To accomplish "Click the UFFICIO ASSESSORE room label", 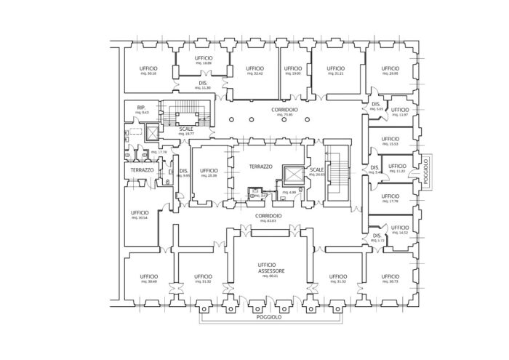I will click(x=270, y=269).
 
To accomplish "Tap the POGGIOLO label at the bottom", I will click(x=268, y=318).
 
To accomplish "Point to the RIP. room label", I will click(x=140, y=109).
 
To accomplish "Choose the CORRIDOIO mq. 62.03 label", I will click(x=268, y=217).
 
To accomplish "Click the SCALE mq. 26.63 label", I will click(x=316, y=172).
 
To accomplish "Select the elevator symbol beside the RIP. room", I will click(x=152, y=133).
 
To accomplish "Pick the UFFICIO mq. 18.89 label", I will click(x=203, y=60).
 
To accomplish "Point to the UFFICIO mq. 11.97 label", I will click(x=399, y=113).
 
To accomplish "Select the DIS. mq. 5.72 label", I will click(x=377, y=237).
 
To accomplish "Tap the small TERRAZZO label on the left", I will click(x=142, y=170).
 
